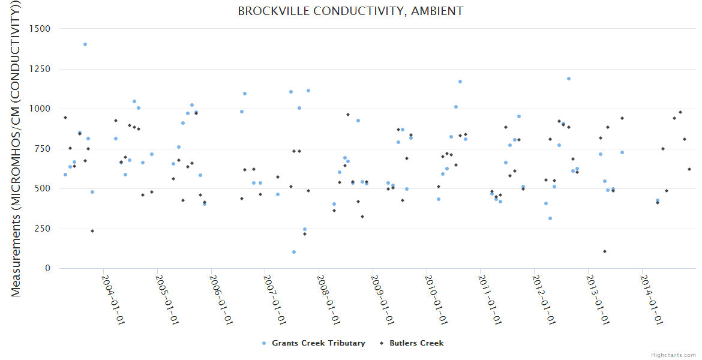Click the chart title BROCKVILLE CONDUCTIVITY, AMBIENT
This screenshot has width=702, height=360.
pos(350,11)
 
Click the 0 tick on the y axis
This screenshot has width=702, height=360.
pos(47,268)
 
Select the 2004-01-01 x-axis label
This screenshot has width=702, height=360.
pos(113,299)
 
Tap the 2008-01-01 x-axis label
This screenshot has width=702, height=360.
pos(329,299)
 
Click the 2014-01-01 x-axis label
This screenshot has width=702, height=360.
pos(652,299)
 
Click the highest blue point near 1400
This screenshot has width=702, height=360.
pos(85,44)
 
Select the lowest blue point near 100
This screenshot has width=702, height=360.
pos(294,252)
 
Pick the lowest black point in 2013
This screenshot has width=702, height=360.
pos(605,251)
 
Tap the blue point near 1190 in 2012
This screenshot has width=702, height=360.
pos(569,79)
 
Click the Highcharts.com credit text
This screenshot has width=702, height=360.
pos(673,355)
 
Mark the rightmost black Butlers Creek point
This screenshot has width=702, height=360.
pos(689,169)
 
